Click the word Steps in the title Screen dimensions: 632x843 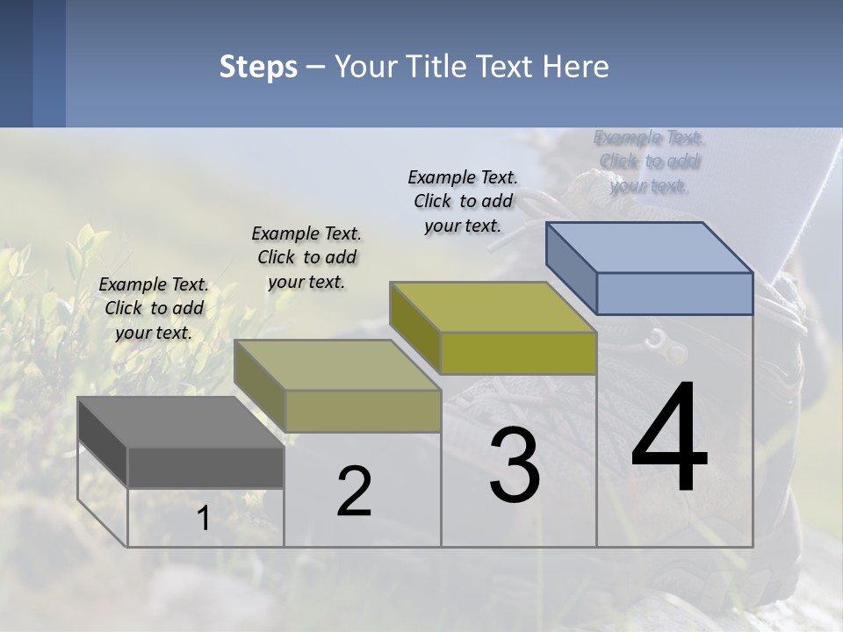[258, 67]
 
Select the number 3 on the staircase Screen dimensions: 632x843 [515, 465]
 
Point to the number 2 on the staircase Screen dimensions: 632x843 [354, 492]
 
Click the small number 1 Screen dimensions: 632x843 [203, 519]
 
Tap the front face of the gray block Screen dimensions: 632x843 [205, 467]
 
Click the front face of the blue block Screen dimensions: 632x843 [674, 293]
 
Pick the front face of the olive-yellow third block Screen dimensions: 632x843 [518, 353]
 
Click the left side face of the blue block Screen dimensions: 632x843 [571, 268]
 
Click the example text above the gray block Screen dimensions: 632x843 [154, 308]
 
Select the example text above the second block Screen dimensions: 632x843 [306, 257]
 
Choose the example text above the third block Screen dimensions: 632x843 [463, 201]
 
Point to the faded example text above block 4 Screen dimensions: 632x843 [650, 162]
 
